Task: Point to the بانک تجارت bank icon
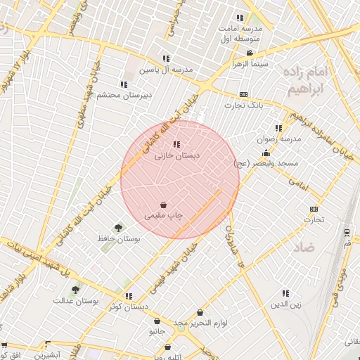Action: click(x=243, y=94)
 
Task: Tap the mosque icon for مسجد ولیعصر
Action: click(x=266, y=153)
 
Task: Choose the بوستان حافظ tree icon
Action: click(x=117, y=227)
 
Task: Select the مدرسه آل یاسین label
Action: click(x=165, y=70)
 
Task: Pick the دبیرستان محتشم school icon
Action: click(x=124, y=84)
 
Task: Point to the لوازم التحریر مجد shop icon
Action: click(x=200, y=312)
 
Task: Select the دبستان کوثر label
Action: click(x=129, y=307)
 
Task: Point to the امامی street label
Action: click(x=298, y=184)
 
